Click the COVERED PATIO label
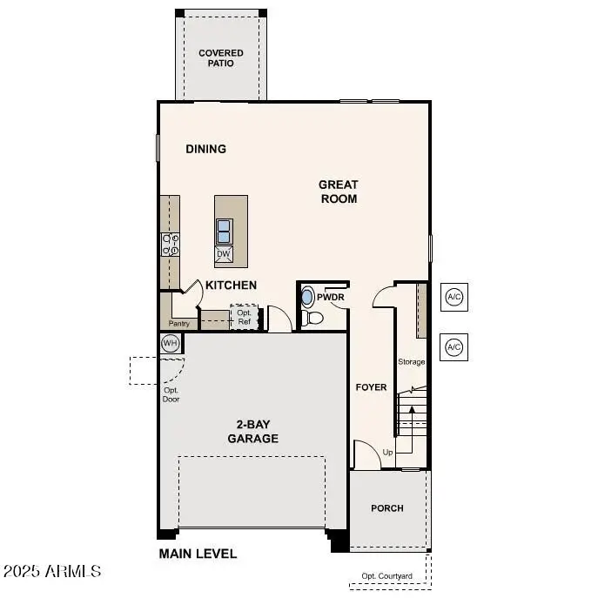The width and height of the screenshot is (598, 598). (x=221, y=59)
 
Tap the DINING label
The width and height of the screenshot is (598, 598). (x=206, y=149)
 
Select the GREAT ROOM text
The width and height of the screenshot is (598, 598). (x=338, y=191)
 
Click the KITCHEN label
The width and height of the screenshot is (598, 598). (x=231, y=285)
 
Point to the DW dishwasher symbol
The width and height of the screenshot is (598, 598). (x=224, y=254)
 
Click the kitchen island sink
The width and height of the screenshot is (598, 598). (x=225, y=231)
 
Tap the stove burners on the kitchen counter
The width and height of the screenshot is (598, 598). (x=170, y=245)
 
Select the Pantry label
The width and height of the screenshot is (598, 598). (x=179, y=324)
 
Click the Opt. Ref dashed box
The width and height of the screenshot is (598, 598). (x=245, y=317)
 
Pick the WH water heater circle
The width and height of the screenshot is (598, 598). (x=171, y=343)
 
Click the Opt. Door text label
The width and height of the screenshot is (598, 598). (x=171, y=394)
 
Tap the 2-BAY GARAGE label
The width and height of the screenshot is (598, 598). (x=253, y=432)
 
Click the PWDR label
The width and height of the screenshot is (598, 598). (x=331, y=297)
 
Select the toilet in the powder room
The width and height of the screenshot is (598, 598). (x=313, y=319)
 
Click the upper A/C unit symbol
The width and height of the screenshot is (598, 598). (x=454, y=297)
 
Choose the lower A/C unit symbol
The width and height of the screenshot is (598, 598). (x=454, y=346)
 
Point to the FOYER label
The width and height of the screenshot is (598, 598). (x=372, y=387)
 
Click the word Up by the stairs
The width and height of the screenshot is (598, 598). (x=387, y=453)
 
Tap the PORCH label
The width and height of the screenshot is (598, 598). (x=387, y=508)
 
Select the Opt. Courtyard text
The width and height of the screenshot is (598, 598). (x=387, y=576)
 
